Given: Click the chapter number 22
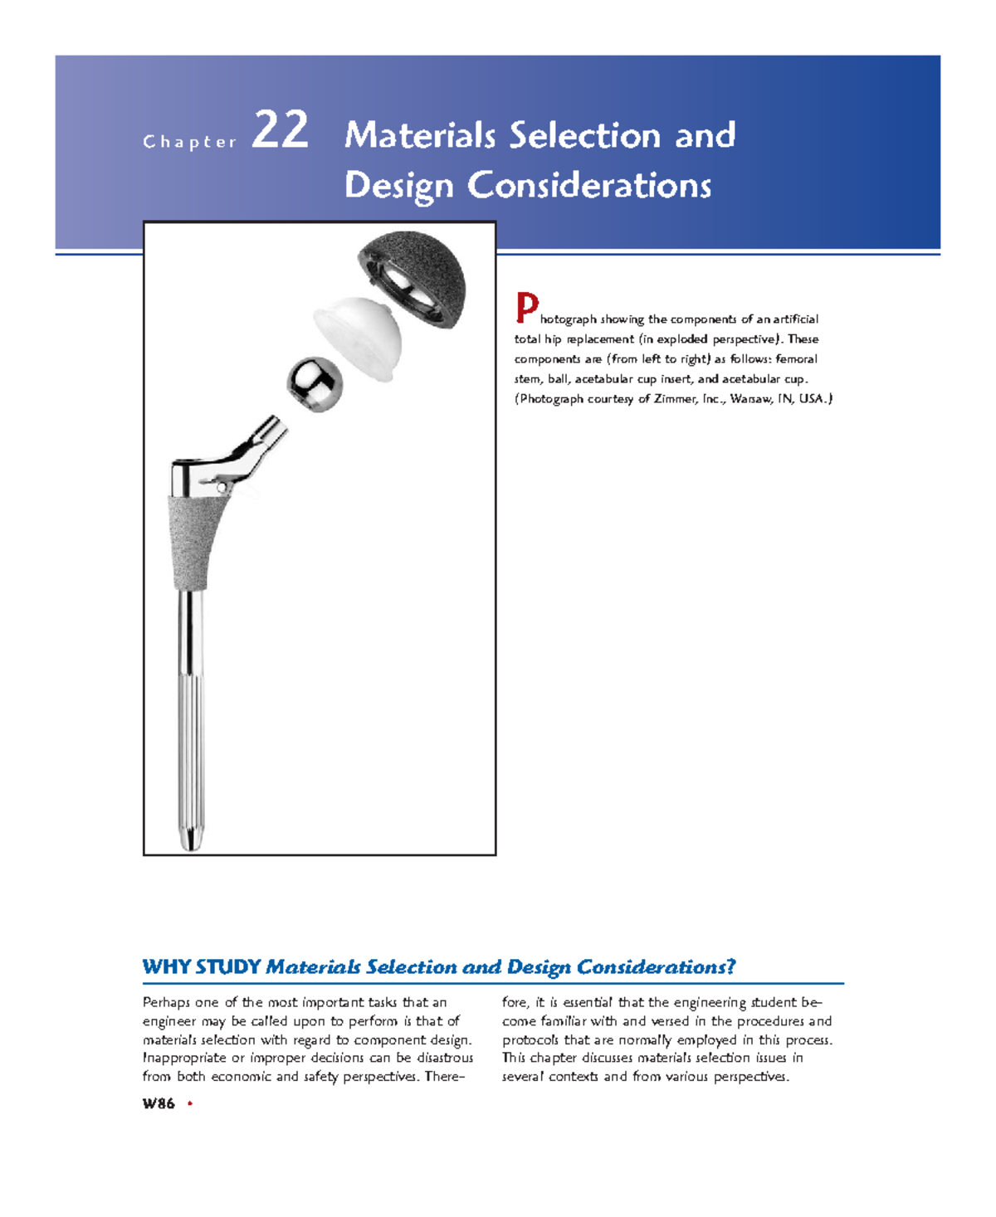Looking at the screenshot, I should point(281,131).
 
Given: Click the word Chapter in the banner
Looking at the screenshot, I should point(190,143).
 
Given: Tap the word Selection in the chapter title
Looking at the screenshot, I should point(586,136).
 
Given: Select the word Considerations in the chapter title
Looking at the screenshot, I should point(589,186).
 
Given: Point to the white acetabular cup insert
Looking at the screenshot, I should point(359,336).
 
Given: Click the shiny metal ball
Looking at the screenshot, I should point(315,383).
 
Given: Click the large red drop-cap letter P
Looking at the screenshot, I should point(526,309).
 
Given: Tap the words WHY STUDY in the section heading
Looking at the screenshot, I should point(202,967).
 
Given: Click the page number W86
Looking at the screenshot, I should point(159,1103).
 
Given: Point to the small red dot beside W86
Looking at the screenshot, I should point(190,1103).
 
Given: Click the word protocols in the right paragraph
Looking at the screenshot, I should point(530,1039).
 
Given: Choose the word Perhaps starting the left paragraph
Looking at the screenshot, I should point(166,1002).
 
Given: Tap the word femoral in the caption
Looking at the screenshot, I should point(796,359).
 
